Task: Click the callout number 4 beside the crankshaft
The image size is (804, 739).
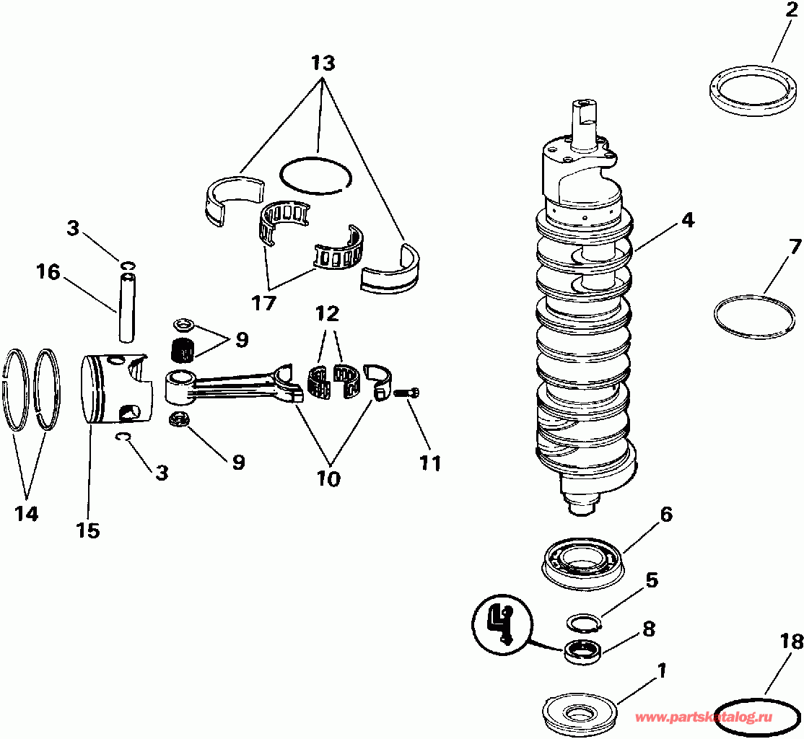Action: pyautogui.click(x=687, y=220)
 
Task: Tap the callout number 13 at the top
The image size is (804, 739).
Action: pyautogui.click(x=323, y=63)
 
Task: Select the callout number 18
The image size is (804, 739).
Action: pyautogui.click(x=791, y=639)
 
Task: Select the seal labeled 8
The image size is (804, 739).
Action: pyautogui.click(x=582, y=650)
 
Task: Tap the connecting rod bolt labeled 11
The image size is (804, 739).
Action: pyautogui.click(x=407, y=392)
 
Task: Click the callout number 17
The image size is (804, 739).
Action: pyautogui.click(x=264, y=303)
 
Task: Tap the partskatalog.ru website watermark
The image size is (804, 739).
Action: pyautogui.click(x=703, y=717)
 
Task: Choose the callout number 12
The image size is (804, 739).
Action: pyautogui.click(x=326, y=315)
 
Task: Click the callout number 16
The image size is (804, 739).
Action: pyautogui.click(x=48, y=273)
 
